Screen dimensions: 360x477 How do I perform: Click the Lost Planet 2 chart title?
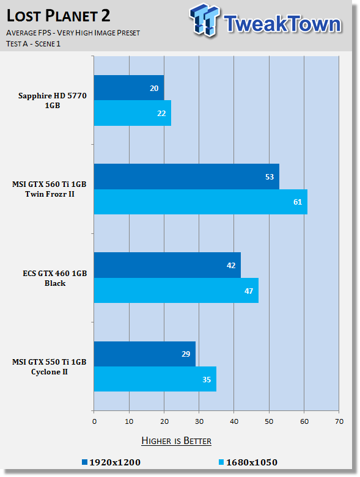(58, 16)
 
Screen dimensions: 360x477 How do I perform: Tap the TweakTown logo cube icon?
(204, 20)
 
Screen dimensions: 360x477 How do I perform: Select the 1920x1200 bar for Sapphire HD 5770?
(129, 88)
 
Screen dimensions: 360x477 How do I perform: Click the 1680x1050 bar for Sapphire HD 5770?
(133, 113)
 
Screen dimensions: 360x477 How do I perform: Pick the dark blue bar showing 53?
(186, 177)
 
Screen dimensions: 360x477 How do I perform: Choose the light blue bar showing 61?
(200, 202)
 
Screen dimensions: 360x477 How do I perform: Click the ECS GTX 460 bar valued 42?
(167, 265)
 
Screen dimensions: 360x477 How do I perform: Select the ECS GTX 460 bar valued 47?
(176, 291)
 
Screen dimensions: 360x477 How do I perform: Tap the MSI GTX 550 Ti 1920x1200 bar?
(144, 354)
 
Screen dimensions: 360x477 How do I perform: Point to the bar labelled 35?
(155, 379)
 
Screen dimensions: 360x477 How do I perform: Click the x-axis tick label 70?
(339, 421)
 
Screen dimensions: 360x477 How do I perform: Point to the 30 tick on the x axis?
(199, 421)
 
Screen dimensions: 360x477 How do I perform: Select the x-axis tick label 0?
(94, 421)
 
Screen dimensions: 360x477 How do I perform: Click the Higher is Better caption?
(177, 441)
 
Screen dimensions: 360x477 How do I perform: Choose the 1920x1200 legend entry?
(111, 462)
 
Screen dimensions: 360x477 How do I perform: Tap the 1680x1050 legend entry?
(248, 462)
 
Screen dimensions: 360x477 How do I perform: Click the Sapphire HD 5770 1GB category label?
(53, 100)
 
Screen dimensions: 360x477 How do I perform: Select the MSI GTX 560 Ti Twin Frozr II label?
(50, 189)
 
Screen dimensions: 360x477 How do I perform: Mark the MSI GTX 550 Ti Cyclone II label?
(50, 366)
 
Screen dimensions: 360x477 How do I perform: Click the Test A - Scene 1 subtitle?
(34, 44)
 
